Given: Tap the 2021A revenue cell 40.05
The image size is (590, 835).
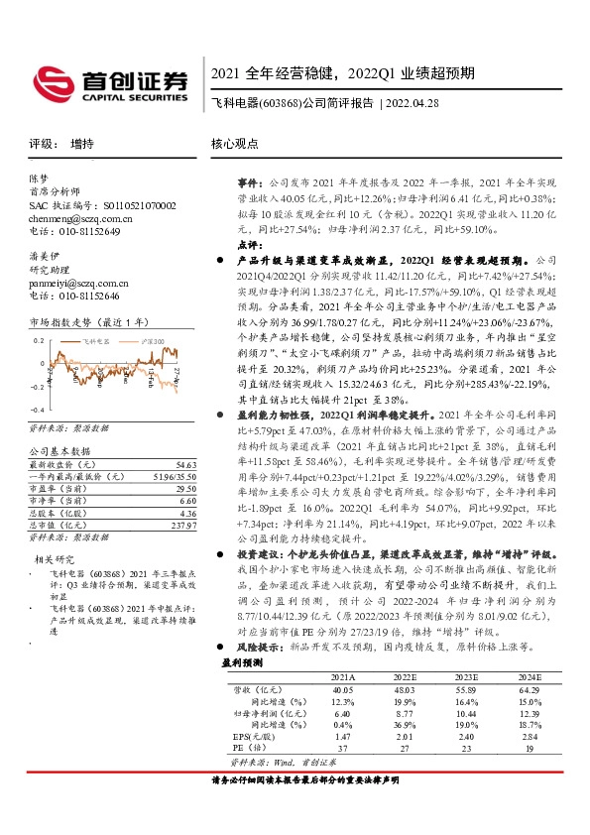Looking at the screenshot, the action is tap(343, 688).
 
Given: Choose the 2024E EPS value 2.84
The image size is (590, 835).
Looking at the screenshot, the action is tap(528, 738).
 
